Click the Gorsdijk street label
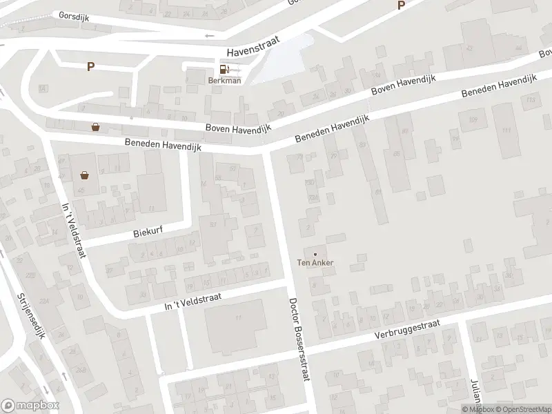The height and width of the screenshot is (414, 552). [72, 14]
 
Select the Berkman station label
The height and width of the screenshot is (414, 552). [224, 80]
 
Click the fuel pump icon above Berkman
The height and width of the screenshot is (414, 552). [224, 69]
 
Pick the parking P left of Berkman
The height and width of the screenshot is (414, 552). [90, 66]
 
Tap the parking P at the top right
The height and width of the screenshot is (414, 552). [400, 6]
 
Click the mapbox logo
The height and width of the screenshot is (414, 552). [30, 406]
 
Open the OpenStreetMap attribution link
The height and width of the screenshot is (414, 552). [517, 409]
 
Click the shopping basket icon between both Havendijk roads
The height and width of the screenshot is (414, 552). [95, 127]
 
